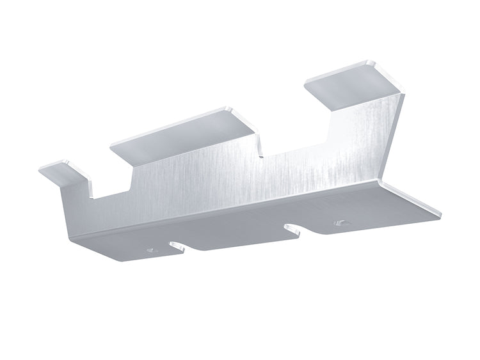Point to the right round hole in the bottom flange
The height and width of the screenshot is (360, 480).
340,223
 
